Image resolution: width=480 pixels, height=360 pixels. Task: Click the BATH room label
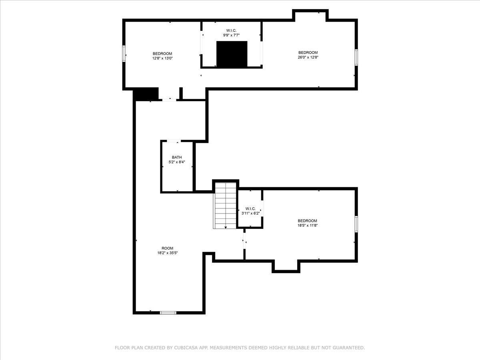click(x=177, y=157)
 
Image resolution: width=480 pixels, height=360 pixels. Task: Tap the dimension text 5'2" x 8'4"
click(x=177, y=162)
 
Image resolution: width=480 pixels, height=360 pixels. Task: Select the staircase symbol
click(x=226, y=205)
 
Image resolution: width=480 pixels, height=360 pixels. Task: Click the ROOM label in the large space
click(x=168, y=248)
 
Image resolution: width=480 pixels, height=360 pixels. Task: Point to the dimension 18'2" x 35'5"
click(x=168, y=253)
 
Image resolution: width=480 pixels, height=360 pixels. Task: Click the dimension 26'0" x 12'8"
click(x=308, y=57)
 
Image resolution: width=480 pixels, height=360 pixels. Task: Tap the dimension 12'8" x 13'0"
click(x=162, y=58)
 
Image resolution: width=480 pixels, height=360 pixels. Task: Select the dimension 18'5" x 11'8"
click(x=307, y=225)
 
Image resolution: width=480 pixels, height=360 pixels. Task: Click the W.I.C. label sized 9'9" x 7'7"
click(x=231, y=30)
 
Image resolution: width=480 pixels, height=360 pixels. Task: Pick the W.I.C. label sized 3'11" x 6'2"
click(x=250, y=208)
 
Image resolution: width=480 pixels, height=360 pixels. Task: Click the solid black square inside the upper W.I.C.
click(x=232, y=54)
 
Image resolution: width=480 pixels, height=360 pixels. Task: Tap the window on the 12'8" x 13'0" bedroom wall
click(x=124, y=53)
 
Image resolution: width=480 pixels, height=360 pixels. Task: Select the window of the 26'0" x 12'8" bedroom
click(x=356, y=57)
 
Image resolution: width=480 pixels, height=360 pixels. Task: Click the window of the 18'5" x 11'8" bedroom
click(x=356, y=224)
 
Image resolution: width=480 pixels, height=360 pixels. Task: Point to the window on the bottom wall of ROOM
click(x=168, y=312)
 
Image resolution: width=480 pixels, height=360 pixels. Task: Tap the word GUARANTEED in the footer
click(x=349, y=348)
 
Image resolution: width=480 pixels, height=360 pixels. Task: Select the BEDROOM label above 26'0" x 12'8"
click(x=308, y=52)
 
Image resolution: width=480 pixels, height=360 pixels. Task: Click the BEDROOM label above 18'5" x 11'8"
click(x=307, y=220)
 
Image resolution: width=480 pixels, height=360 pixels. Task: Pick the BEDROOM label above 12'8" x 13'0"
click(x=162, y=54)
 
